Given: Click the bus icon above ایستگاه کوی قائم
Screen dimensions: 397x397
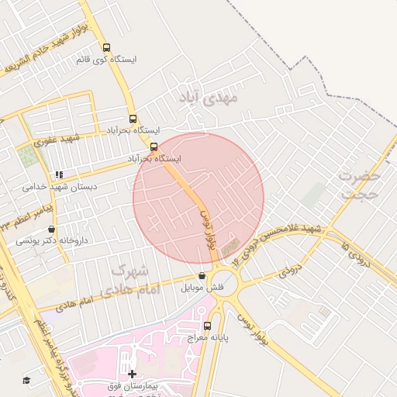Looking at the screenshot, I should (x=106, y=47).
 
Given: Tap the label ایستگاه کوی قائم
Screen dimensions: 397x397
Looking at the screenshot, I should (x=106, y=59).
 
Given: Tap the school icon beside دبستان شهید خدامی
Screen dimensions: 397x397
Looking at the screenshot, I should (x=59, y=175).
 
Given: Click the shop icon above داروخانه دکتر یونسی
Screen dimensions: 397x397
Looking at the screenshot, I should (x=51, y=230).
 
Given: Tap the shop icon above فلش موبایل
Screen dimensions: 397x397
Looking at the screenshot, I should (x=202, y=275).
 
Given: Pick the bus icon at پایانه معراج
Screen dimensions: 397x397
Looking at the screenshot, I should (x=206, y=326).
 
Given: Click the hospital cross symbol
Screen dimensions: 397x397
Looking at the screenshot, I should (x=132, y=375).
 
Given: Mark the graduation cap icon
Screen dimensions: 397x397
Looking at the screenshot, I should (x=26, y=380).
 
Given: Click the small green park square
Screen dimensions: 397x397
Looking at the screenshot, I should (x=29, y=156).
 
